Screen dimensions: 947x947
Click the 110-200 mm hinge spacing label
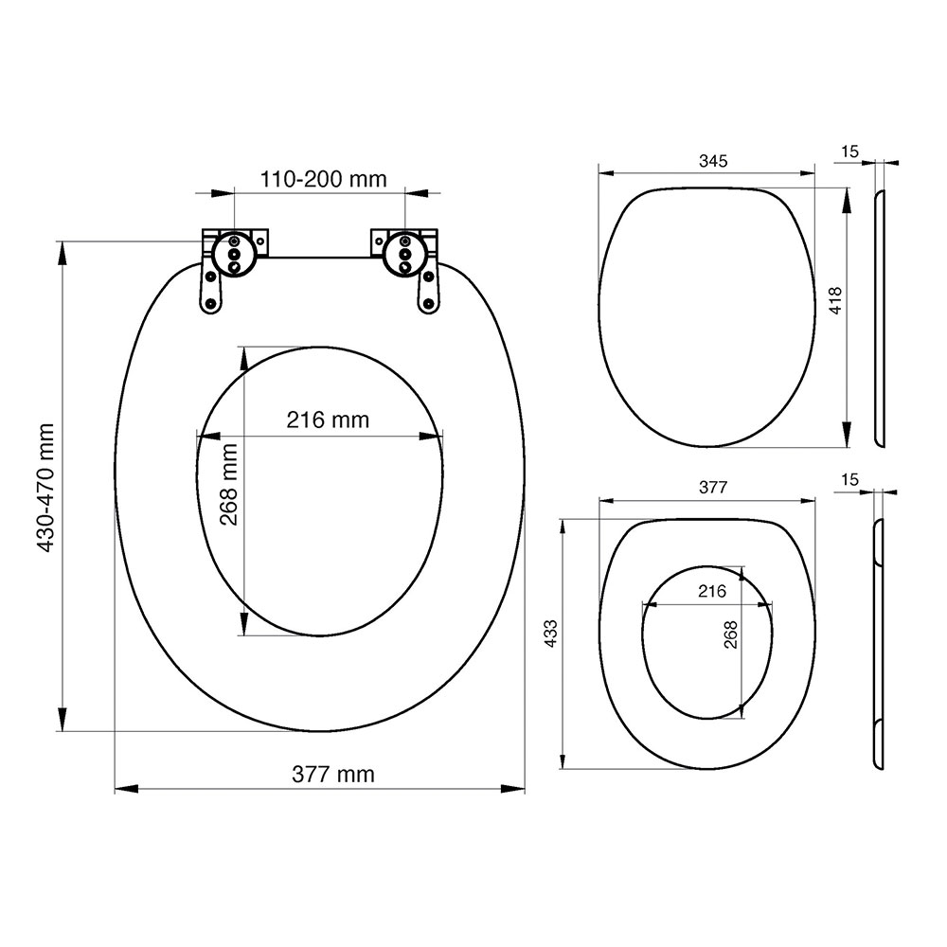[323, 179]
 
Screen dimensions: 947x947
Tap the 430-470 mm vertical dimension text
[45, 488]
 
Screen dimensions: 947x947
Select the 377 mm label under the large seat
[332, 774]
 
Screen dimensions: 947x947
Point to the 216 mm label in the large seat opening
[328, 420]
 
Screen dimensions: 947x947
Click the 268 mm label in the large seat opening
[228, 484]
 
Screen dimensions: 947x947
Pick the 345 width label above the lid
[713, 161]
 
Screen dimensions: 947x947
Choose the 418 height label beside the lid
[835, 300]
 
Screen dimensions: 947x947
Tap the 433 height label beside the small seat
[551, 634]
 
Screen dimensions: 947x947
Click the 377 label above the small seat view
[713, 487]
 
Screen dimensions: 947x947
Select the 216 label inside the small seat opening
[712, 591]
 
